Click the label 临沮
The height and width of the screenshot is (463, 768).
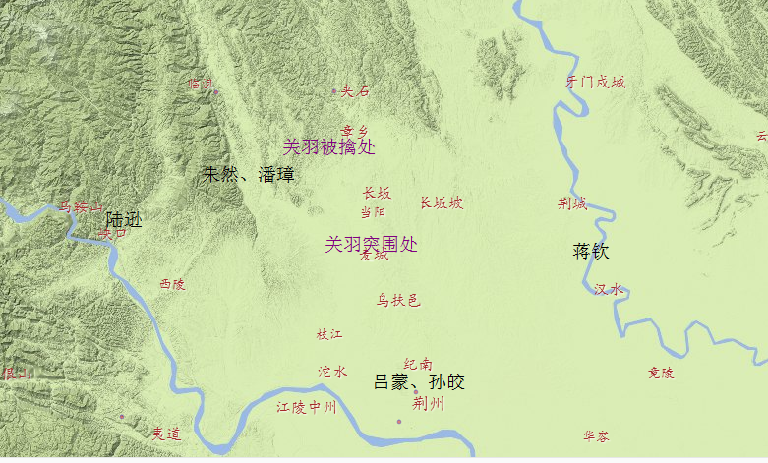[201, 84]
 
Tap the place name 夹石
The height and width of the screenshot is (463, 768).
[355, 91]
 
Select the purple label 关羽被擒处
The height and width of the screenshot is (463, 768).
[329, 147]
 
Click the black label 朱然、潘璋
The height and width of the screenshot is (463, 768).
[248, 175]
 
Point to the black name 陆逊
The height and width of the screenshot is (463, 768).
[124, 219]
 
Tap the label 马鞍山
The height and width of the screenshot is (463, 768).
[81, 206]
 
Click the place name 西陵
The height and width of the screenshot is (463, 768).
[172, 284]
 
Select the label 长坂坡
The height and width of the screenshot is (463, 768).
[441, 203]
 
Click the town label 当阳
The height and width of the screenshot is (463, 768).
[374, 211]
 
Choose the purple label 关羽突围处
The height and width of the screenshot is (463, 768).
[371, 244]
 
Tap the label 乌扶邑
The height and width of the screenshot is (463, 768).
[398, 300]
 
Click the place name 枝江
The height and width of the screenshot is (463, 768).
[329, 334]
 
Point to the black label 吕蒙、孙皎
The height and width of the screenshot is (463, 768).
[419, 382]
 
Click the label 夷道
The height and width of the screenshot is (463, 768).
[167, 433]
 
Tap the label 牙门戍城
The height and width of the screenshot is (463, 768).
[596, 82]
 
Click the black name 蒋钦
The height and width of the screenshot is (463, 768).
[591, 251]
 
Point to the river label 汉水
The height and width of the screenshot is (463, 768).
[609, 289]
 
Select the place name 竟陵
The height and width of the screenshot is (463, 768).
[661, 373]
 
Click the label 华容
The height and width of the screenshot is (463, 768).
[596, 435]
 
